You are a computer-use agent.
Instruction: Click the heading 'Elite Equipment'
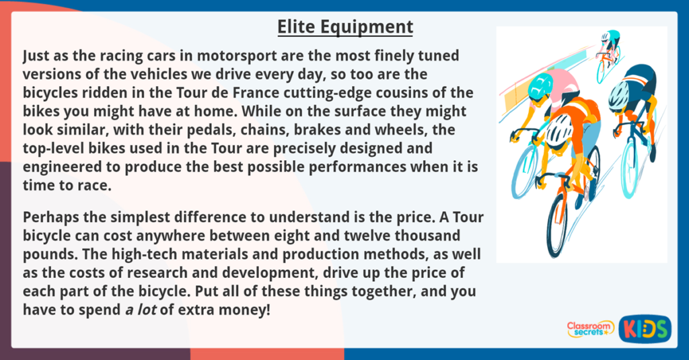pyautogui.click(x=345, y=27)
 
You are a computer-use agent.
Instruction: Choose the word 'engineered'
pyautogui.click(x=60, y=167)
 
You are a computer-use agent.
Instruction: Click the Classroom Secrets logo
pyautogui.click(x=590, y=328)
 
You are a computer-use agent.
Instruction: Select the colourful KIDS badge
pyautogui.click(x=645, y=328)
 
